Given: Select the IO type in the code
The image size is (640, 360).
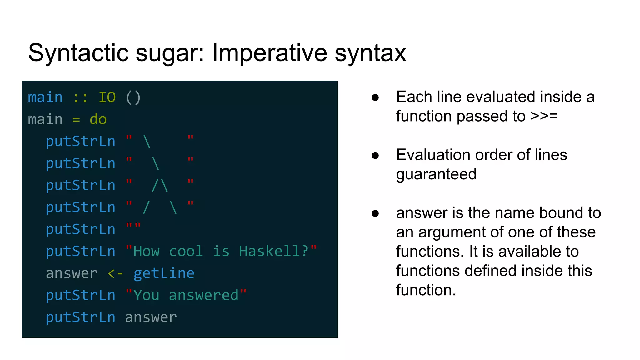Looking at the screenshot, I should [x=107, y=97].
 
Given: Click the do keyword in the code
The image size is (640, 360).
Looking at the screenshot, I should [x=98, y=119].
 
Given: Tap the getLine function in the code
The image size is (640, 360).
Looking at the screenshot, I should [x=164, y=273].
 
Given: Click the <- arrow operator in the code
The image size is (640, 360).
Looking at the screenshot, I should [x=115, y=274].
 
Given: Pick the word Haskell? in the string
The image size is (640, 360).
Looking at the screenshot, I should [x=273, y=251].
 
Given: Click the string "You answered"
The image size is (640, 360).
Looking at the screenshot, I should [x=186, y=295].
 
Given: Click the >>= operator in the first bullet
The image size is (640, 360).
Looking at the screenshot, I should [x=544, y=116].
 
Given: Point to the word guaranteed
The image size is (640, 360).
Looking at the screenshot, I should [x=436, y=174].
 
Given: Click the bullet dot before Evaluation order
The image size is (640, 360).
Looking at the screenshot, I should [x=375, y=155].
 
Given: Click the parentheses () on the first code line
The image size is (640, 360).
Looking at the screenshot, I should [x=133, y=97].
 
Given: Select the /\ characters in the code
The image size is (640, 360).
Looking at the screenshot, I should [x=160, y=185].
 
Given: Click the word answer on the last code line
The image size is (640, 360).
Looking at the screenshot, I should [x=151, y=317].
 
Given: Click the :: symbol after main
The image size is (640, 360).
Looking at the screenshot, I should [x=81, y=98].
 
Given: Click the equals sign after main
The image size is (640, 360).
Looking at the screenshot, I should [x=76, y=120].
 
